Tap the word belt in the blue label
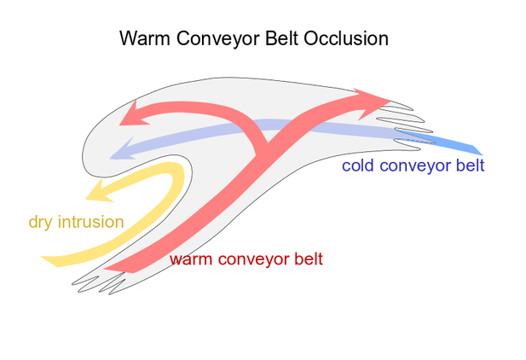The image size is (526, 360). pos(469,165)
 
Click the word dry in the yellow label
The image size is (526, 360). pos(41,223)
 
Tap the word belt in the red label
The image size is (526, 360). pos(307,257)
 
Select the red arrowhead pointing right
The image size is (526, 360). pos(376,99)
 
